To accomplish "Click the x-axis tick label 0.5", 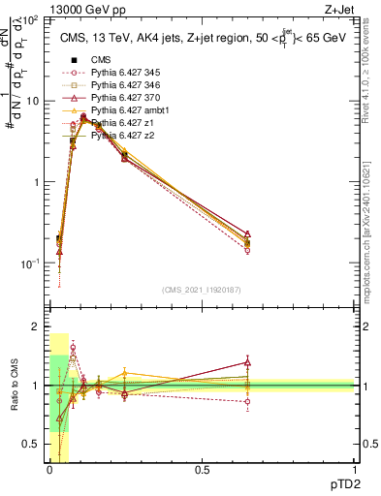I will click(x=201, y=471).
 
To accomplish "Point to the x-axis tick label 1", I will click(x=354, y=471).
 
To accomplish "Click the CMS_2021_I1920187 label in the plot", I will click(x=201, y=289).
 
